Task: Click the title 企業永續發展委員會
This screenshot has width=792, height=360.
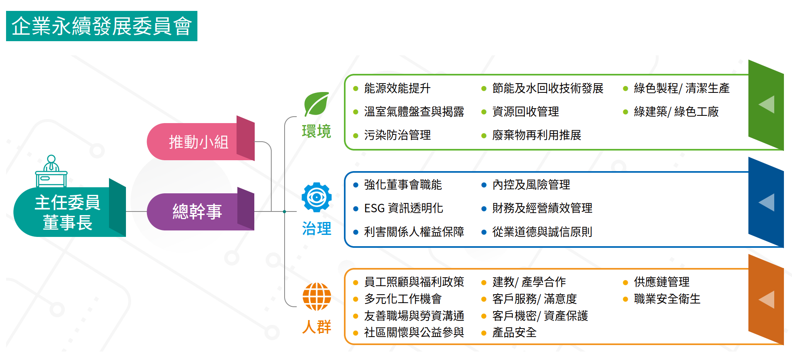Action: click(x=101, y=26)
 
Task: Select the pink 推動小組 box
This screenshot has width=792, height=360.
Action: click(x=199, y=142)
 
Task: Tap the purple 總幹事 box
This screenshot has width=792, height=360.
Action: click(x=197, y=211)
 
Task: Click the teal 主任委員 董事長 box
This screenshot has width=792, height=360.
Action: click(x=67, y=212)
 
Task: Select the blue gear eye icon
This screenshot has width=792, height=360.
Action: click(x=316, y=197)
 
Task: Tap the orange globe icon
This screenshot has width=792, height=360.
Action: click(x=316, y=297)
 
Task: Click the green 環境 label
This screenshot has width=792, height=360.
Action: click(x=316, y=132)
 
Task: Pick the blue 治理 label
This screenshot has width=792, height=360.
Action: click(x=316, y=229)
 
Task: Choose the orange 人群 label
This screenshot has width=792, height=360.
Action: click(x=316, y=327)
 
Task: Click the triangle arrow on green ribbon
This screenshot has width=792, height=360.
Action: click(x=767, y=105)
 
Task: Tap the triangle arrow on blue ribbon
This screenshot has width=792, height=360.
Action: click(x=767, y=202)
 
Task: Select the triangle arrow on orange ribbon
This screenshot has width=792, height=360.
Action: click(x=767, y=299)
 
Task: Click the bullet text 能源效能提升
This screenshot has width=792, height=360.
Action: click(x=397, y=88)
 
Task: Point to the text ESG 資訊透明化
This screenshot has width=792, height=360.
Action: click(x=403, y=208)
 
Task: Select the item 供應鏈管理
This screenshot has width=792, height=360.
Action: click(x=662, y=282)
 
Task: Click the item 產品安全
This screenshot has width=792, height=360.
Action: click(x=514, y=333)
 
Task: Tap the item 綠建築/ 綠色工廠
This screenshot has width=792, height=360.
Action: click(x=676, y=112)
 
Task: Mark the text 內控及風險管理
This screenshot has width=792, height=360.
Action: click(x=531, y=185)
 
